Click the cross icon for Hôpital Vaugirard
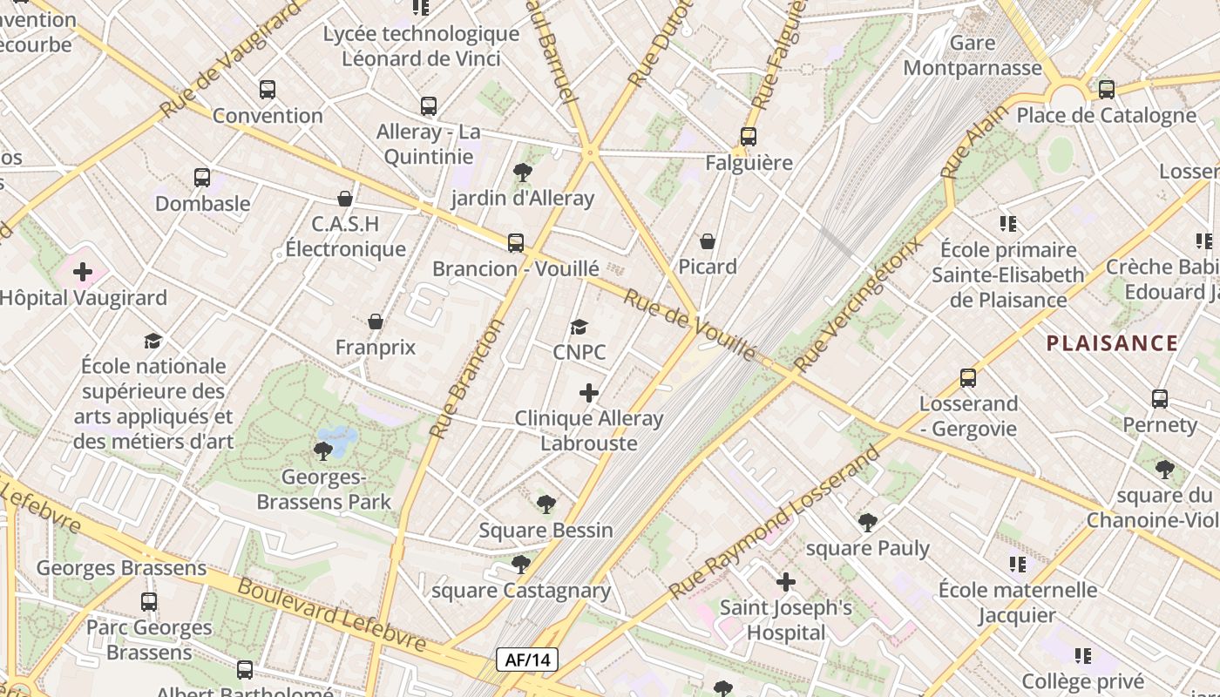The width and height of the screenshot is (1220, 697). [x=83, y=272]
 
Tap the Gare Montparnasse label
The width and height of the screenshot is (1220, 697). [x=973, y=56]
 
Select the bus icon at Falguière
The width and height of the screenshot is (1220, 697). [x=749, y=137]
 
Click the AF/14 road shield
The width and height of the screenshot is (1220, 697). [x=527, y=660]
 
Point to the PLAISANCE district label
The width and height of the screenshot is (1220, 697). [x=1112, y=343]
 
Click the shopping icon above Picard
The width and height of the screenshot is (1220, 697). [x=708, y=240]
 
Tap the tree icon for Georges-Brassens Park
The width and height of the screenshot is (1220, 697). [x=323, y=450]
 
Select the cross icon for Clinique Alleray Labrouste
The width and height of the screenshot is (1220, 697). [x=589, y=393]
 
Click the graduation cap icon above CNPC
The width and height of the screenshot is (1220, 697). [x=579, y=328]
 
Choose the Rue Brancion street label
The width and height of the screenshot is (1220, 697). [x=468, y=378]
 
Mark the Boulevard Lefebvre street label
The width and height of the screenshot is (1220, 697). [x=332, y=615]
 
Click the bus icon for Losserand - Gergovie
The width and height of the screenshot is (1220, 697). [x=968, y=378]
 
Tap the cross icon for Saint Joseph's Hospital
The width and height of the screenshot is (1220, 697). [x=786, y=581]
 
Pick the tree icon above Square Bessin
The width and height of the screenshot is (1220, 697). [x=546, y=504]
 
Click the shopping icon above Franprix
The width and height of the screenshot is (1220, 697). [x=376, y=321]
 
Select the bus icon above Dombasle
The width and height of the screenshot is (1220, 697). [x=202, y=178]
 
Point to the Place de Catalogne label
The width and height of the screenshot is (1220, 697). [x=1106, y=115]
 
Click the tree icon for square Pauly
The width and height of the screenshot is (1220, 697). [x=867, y=522]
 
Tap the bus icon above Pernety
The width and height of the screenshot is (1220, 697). [x=1160, y=399]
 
